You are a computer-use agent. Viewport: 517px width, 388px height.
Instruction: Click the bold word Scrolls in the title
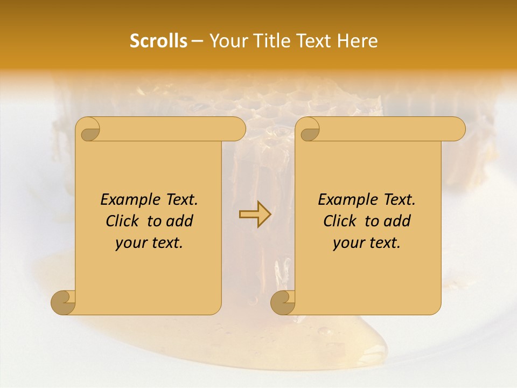coord(158,41)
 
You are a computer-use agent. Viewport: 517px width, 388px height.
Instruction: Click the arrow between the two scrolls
coord(255,214)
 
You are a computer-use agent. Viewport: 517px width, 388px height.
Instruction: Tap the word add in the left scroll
coord(180,221)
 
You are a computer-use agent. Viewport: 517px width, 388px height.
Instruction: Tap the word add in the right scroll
coord(397,221)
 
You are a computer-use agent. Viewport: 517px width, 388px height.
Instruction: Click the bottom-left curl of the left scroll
coord(64,302)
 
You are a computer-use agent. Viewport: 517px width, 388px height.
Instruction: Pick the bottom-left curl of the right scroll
coord(283,302)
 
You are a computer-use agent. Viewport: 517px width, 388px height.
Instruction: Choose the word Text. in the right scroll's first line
coord(400,200)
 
